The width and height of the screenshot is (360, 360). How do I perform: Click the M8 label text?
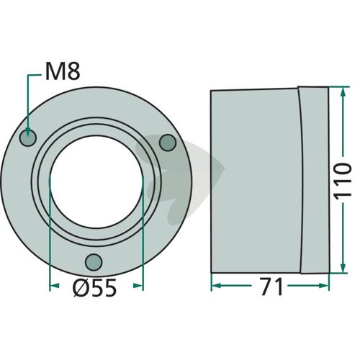coord(63,72)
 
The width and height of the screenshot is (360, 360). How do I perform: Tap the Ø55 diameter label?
coord(95,287)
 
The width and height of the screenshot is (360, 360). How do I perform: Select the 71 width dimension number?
coord(272,287)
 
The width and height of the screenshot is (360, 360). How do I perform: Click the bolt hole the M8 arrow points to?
coord(28,138)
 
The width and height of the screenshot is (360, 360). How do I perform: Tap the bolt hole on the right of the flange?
coord(168,143)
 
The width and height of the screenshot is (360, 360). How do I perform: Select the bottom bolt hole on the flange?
coord(94,262)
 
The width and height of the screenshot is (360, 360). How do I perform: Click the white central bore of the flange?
coord(96,181)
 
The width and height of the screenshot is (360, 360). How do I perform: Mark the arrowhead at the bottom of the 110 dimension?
coord(343,268)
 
